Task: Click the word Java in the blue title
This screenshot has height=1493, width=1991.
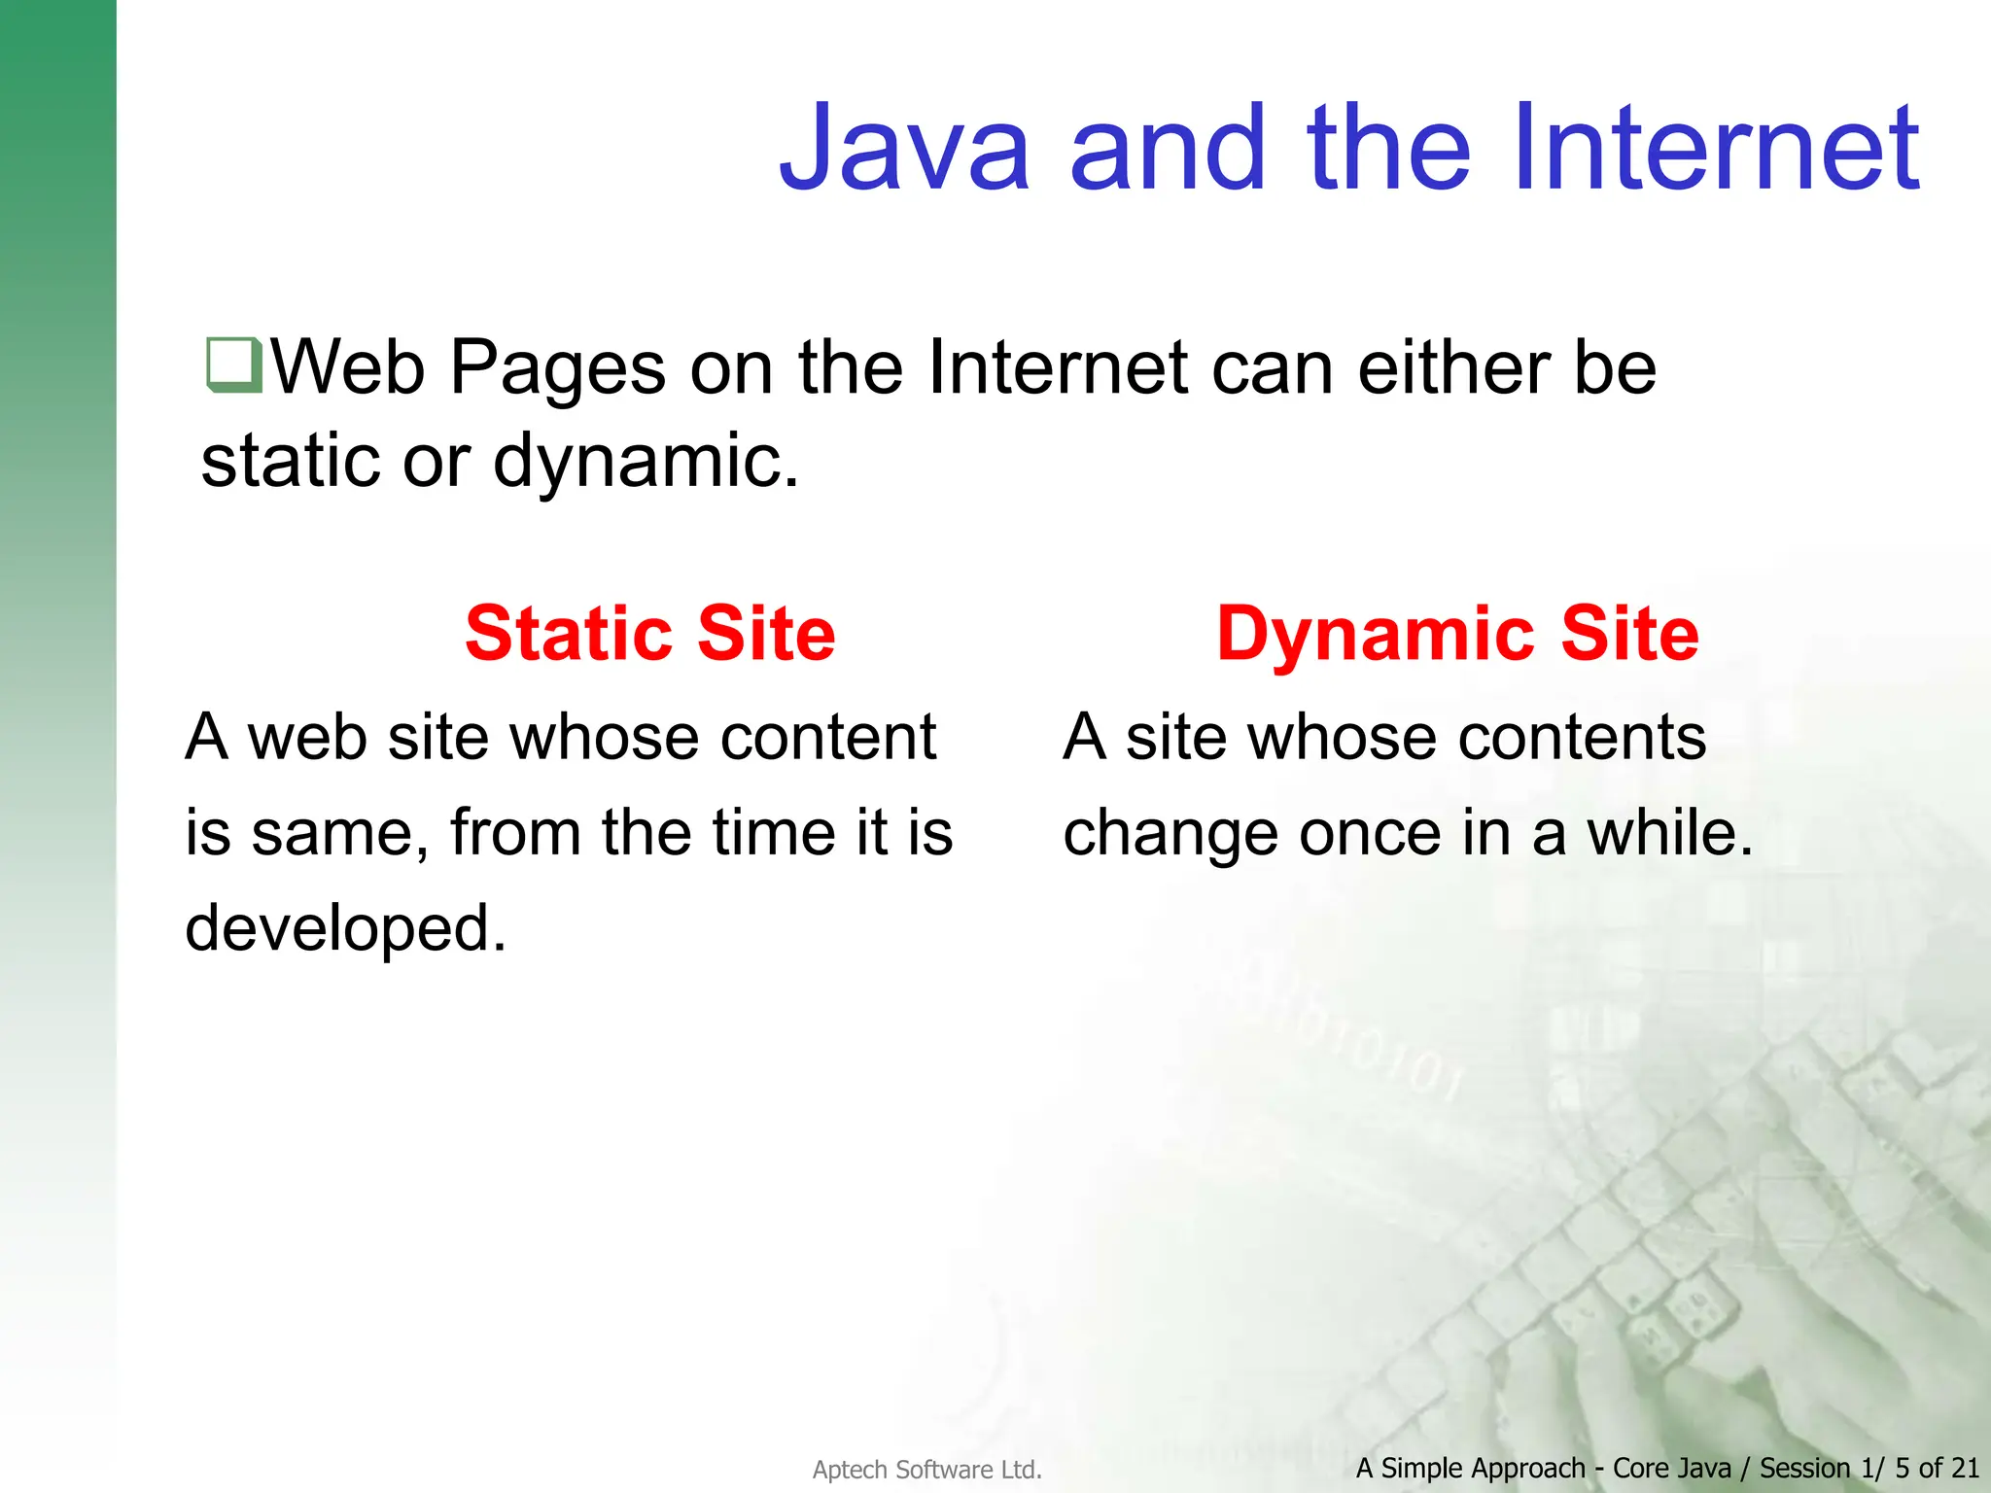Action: (x=904, y=149)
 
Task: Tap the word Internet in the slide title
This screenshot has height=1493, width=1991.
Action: (x=1715, y=149)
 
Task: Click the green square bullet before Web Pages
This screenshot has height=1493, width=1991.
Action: (x=233, y=365)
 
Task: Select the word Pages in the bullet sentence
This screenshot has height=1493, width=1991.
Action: (x=558, y=368)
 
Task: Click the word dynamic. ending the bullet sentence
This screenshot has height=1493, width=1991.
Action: (x=646, y=461)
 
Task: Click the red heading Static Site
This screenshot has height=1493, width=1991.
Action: (x=649, y=634)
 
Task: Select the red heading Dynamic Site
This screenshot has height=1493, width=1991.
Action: (x=1457, y=634)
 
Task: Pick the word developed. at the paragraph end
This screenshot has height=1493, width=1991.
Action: (x=346, y=928)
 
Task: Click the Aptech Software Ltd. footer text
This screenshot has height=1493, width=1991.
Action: (x=926, y=1470)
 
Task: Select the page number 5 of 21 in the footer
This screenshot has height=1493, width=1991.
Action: (x=1937, y=1468)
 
